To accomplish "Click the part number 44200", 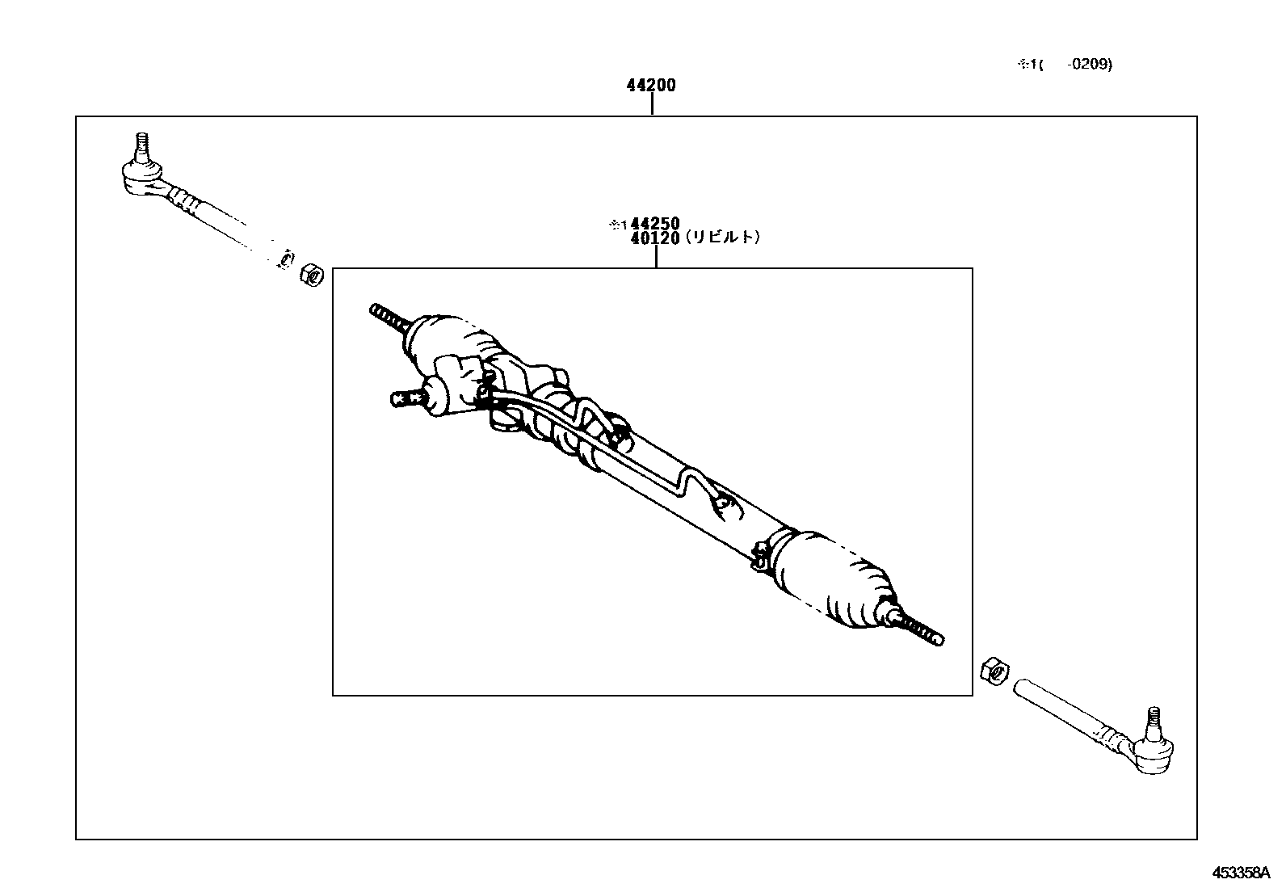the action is [x=651, y=85].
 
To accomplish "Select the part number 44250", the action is [x=655, y=224].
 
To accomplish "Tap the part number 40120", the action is [x=655, y=238].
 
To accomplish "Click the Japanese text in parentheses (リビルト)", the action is [x=722, y=238].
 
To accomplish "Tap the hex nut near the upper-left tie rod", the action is [x=312, y=275].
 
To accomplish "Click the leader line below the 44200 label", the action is [x=651, y=105].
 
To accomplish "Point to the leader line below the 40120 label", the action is [x=656, y=256].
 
